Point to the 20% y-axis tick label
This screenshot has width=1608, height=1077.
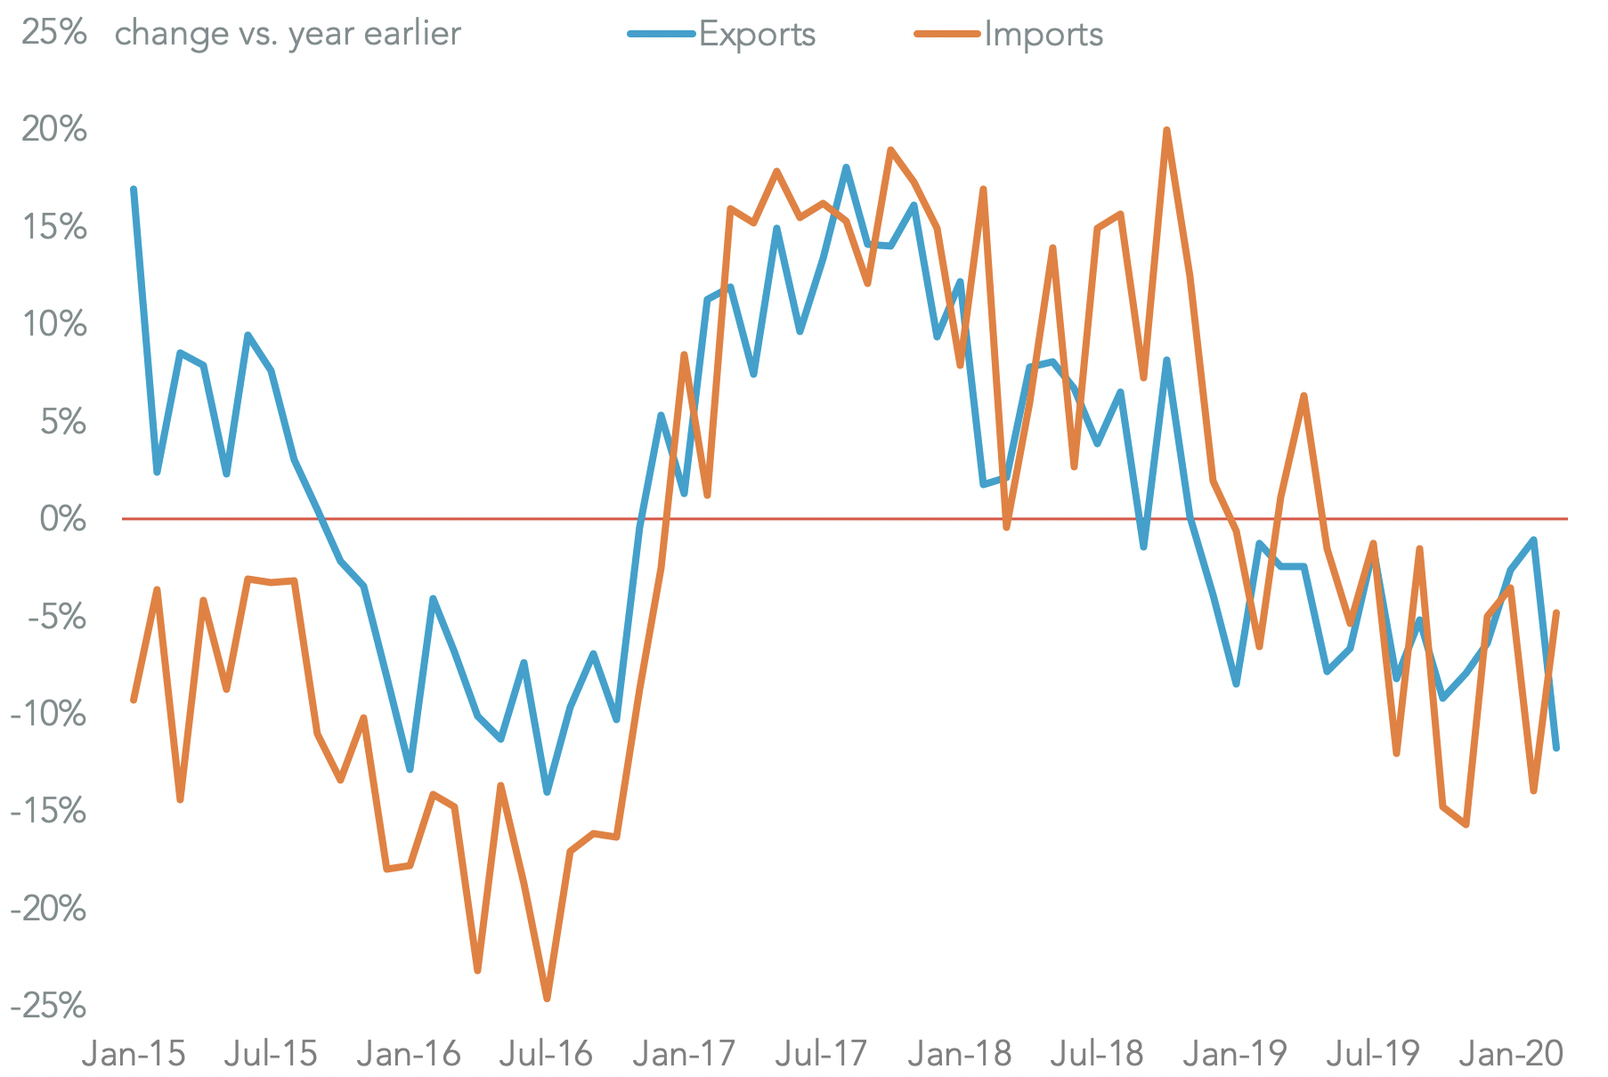(x=53, y=130)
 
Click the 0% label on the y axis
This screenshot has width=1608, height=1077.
(x=62, y=518)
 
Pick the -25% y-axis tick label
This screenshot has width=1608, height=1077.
(x=49, y=1006)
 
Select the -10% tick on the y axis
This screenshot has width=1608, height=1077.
(x=49, y=714)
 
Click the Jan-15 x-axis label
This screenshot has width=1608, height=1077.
(x=134, y=1054)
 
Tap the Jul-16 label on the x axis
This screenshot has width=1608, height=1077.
(x=545, y=1054)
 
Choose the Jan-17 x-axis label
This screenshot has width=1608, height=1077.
(x=683, y=1054)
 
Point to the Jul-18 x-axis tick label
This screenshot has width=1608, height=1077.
(x=1096, y=1054)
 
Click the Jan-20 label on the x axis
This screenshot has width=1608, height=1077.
(x=1510, y=1054)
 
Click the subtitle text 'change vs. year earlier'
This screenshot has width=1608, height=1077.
(x=288, y=34)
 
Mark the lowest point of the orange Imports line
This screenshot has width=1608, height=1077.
(x=547, y=999)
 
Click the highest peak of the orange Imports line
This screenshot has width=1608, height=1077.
(x=1166, y=130)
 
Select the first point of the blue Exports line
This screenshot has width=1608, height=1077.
(x=134, y=189)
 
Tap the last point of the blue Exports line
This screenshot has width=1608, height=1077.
(x=1556, y=748)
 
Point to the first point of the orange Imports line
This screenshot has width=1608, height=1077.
(x=134, y=700)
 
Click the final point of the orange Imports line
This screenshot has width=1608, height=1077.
(x=1556, y=612)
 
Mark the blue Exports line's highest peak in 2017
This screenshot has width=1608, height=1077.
(x=846, y=167)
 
